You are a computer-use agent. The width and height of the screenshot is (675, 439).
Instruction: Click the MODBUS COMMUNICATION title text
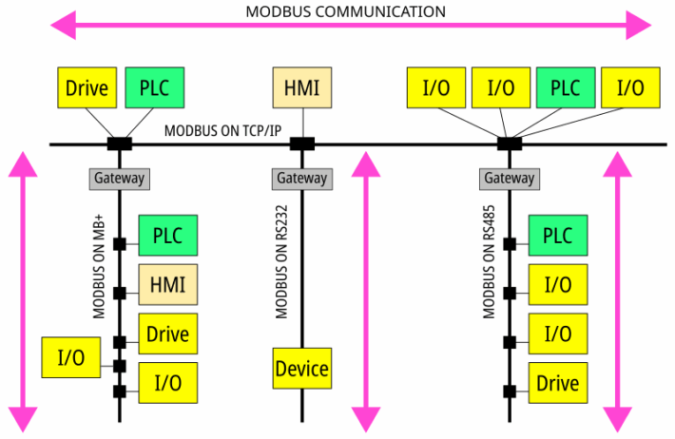coord(344,11)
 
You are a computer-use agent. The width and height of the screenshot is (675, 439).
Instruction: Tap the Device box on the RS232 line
coord(301,369)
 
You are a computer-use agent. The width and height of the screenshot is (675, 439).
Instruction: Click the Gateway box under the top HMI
coord(301,178)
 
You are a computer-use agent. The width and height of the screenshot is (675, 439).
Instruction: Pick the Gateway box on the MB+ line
coord(120,178)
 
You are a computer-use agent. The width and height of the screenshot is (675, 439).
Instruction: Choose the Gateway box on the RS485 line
coord(510,178)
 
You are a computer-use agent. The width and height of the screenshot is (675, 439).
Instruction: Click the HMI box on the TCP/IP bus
coord(301,88)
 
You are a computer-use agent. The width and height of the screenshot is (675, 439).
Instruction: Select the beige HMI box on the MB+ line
coord(167,283)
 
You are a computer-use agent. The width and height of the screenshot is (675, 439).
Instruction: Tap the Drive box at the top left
coord(86,88)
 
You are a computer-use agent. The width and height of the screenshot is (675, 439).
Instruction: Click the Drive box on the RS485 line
coord(557,383)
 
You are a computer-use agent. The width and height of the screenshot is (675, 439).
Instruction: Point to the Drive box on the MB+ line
coord(167,334)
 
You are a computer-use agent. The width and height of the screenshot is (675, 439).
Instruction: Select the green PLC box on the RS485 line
coord(557,234)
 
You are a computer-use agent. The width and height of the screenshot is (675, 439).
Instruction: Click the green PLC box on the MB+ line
coord(167,234)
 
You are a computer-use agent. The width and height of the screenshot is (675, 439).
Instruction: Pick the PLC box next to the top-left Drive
coord(154,88)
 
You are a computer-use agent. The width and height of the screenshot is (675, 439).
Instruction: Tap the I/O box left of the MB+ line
coord(71,357)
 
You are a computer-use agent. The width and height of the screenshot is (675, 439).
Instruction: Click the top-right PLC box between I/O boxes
coord(566,88)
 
